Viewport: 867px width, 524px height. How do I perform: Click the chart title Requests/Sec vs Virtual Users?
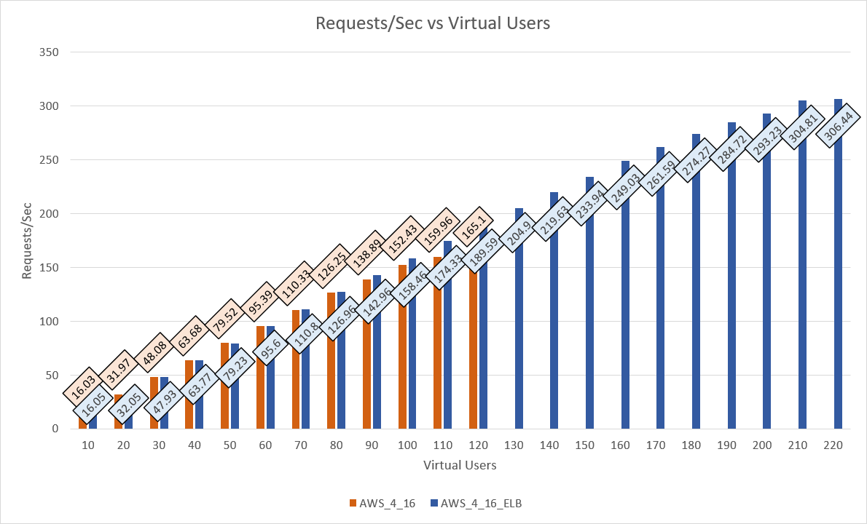click(433, 23)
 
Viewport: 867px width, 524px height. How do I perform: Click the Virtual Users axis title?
click(460, 464)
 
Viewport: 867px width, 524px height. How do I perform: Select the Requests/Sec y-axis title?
click(28, 240)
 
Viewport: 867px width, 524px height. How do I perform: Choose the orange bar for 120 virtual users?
click(473, 349)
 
